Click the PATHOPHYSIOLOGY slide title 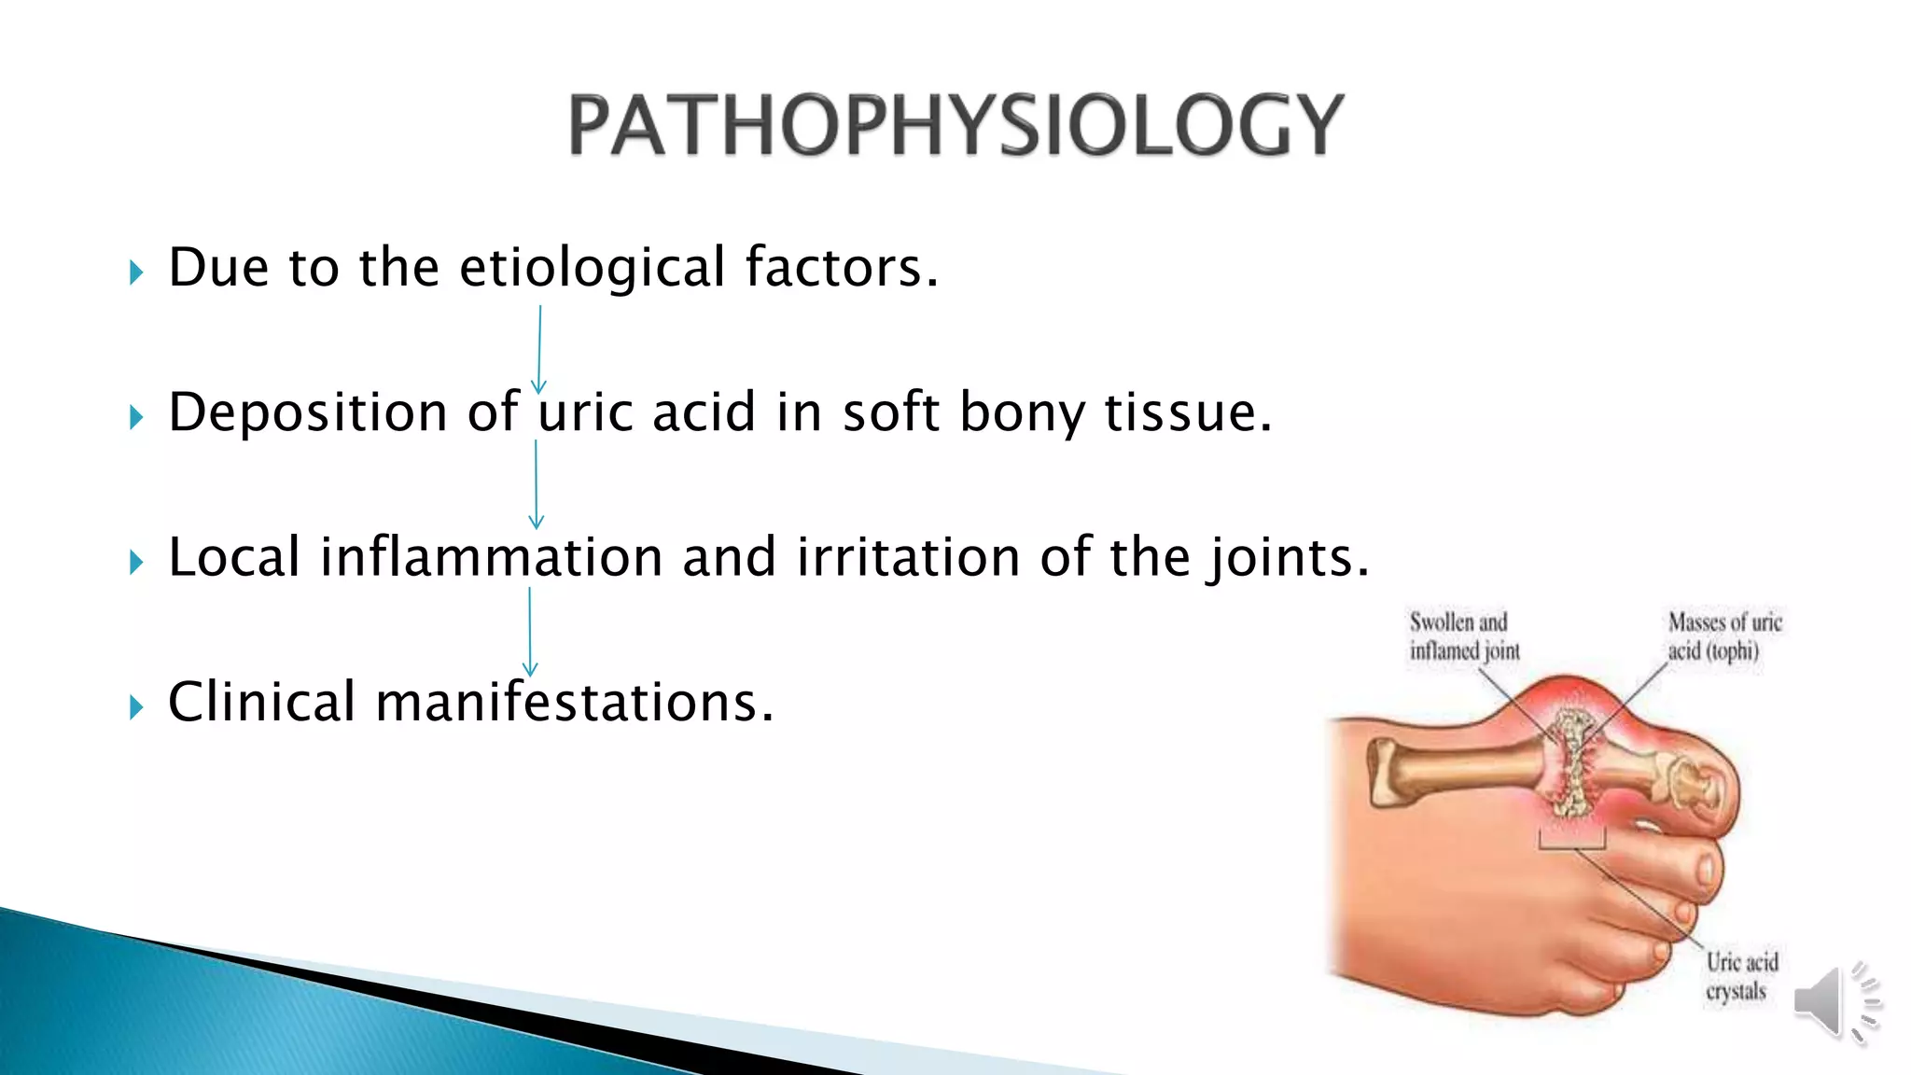point(955,125)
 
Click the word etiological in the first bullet point(592,268)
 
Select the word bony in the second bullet point(1021,412)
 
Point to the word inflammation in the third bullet point(491,557)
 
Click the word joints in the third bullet point(1288,557)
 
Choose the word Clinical point(261,702)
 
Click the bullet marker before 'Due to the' point(136,272)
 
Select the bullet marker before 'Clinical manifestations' point(136,707)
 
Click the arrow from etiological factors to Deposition point(539,349)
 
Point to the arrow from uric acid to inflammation point(536,483)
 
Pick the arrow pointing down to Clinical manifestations point(530,631)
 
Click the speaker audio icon point(1834,1002)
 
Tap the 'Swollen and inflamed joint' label point(1463,636)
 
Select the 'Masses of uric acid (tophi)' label point(1724,636)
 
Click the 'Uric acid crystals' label point(1741,976)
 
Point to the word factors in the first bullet point(840,268)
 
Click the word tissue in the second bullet point(1187,412)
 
